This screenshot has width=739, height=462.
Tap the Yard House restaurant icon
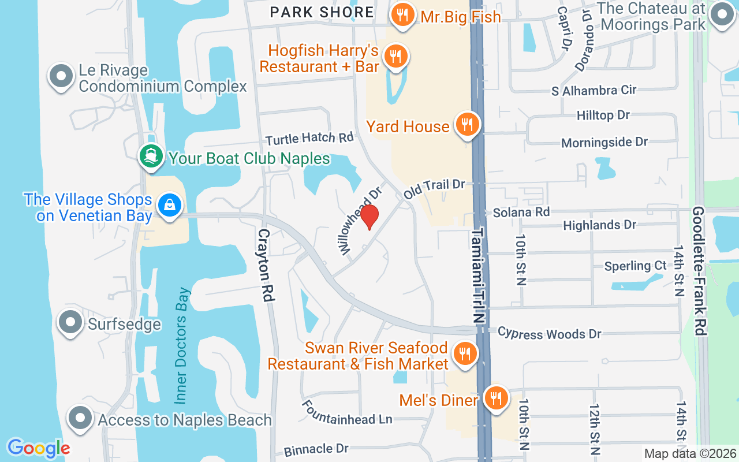click(x=467, y=124)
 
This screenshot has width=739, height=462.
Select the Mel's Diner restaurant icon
click(x=495, y=398)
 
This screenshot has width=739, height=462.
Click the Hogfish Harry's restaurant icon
click(x=396, y=57)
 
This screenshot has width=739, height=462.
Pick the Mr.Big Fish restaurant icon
click(x=402, y=15)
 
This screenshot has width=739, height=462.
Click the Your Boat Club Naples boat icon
click(x=151, y=157)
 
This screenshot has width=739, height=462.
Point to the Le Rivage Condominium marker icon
click(x=61, y=77)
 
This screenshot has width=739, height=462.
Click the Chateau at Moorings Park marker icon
click(x=721, y=16)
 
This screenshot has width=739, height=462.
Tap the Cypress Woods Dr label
click(x=549, y=333)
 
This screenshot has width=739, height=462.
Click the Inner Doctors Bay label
click(x=182, y=345)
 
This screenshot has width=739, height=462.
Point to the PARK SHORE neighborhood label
click(x=322, y=12)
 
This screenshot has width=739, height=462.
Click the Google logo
click(x=39, y=448)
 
